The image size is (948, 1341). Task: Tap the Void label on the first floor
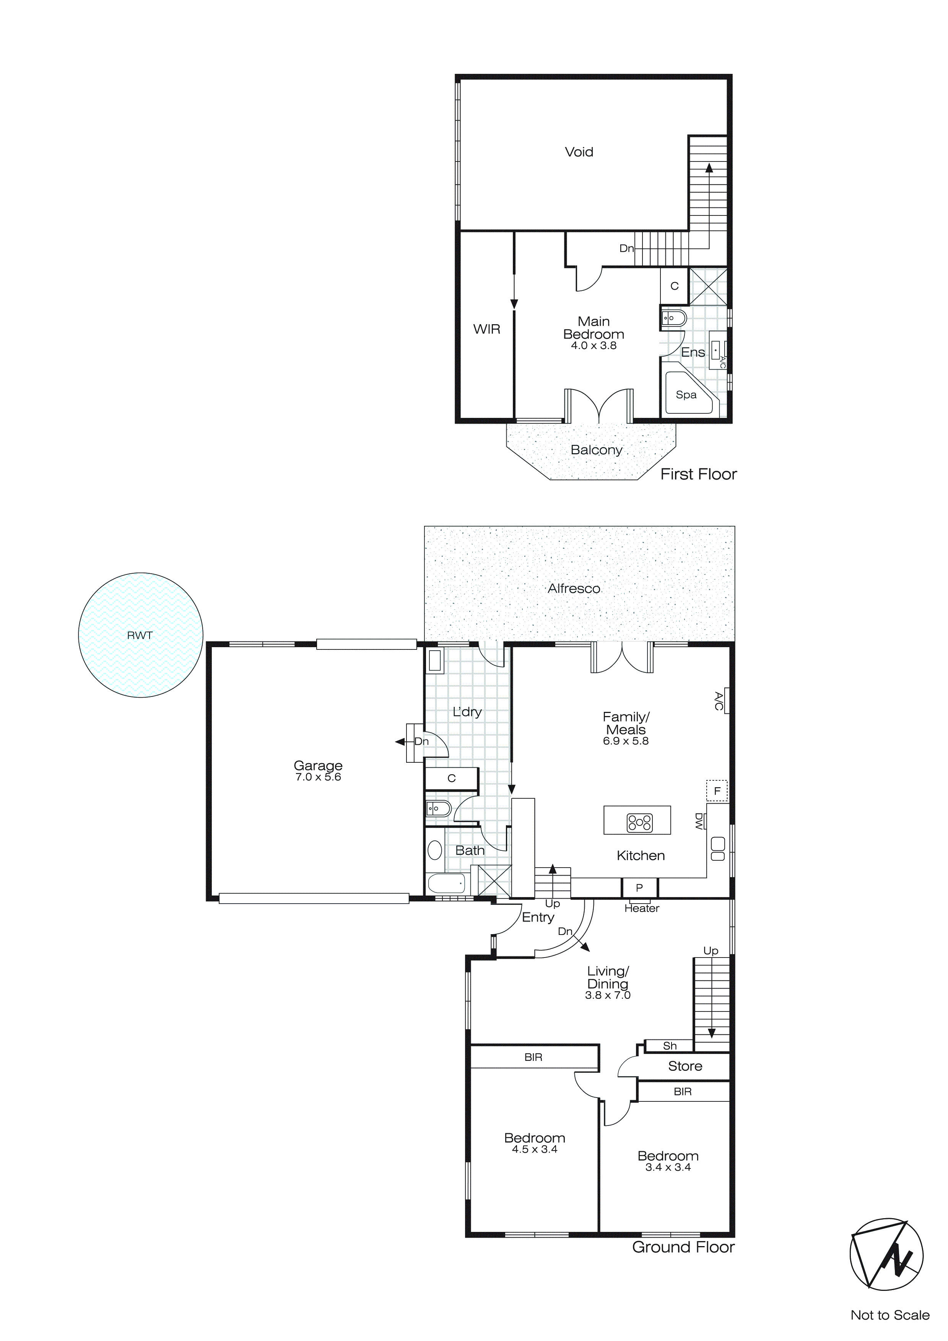pyautogui.click(x=579, y=152)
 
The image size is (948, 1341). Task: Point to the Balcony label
pyautogui.click(x=596, y=450)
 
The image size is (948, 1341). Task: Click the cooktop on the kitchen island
pyautogui.click(x=639, y=822)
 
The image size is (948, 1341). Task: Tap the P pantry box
pyautogui.click(x=639, y=887)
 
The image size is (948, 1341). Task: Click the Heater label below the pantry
pyautogui.click(x=642, y=908)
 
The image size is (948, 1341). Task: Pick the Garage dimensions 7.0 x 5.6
pyautogui.click(x=318, y=777)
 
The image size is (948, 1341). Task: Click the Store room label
pyautogui.click(x=685, y=1066)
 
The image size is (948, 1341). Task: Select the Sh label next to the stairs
pyautogui.click(x=670, y=1046)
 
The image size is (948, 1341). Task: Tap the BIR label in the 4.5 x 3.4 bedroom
pyautogui.click(x=533, y=1057)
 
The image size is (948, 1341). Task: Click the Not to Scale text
pyautogui.click(x=889, y=1315)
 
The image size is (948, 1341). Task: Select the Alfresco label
pyautogui.click(x=574, y=589)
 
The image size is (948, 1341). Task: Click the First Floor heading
pyautogui.click(x=698, y=474)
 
